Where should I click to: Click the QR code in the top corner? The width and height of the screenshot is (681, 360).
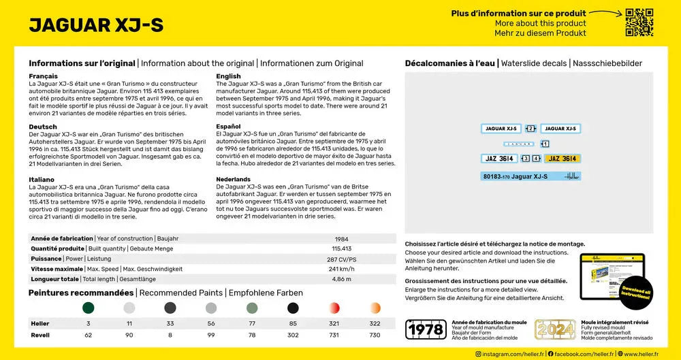point(639,22)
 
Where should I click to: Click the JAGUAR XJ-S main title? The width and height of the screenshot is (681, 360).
point(96,25)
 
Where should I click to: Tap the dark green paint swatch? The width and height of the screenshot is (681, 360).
point(89,308)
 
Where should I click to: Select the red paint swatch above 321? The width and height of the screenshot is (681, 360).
point(334,308)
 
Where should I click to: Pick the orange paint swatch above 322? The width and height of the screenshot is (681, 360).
point(375,308)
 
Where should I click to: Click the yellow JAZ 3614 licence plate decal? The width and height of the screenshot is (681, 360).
point(563,159)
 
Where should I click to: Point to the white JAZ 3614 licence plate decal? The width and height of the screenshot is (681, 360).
point(499,159)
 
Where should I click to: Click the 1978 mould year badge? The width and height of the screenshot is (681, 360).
point(426,329)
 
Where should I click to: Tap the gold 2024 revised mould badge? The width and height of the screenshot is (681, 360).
point(555,329)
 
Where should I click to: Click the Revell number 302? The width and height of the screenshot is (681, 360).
point(293,336)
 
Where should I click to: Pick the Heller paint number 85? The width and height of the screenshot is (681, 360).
point(293,324)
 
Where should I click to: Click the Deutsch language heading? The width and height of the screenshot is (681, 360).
point(43,127)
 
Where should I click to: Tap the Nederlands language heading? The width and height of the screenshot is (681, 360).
point(234,179)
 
